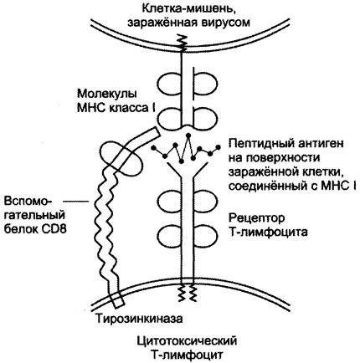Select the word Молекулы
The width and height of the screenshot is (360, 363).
107,94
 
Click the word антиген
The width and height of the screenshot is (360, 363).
320,144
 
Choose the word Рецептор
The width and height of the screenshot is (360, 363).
256,218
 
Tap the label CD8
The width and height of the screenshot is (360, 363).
54,229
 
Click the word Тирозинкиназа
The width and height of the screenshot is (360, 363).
139,319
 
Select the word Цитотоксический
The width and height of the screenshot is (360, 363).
187,341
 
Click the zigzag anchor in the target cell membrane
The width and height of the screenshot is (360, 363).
183,42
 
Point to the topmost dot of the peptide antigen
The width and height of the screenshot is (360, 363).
188,135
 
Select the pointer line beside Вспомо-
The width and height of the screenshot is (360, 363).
75,201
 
